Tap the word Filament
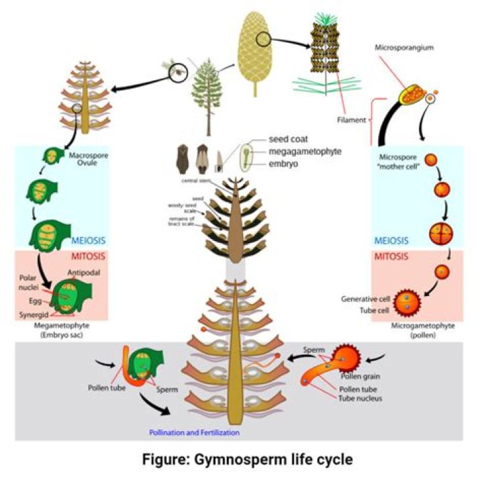[352, 120]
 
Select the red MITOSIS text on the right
[390, 256]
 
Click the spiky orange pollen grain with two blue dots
[406, 302]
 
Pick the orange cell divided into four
[438, 234]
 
